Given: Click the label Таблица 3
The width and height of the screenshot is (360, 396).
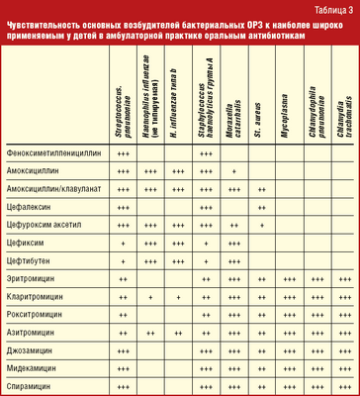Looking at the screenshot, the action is (x=331, y=9).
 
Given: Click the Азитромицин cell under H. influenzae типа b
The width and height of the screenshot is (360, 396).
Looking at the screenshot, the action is (x=178, y=333).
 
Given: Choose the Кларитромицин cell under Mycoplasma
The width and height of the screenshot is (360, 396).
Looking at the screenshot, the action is (x=289, y=298).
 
